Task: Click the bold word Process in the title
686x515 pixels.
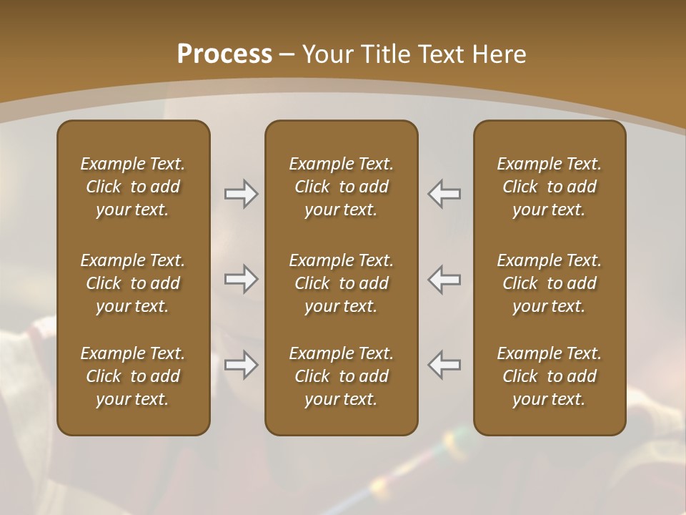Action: coord(224,54)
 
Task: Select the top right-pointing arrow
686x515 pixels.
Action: coord(242,194)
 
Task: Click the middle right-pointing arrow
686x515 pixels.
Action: coord(242,279)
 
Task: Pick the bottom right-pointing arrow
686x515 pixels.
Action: coord(242,365)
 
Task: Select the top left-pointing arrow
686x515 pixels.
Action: coord(444,194)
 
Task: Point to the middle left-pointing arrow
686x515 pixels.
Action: coord(444,279)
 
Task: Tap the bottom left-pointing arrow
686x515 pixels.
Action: coord(444,365)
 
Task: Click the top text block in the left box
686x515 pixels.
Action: coord(133,187)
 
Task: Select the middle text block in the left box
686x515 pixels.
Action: coord(133,283)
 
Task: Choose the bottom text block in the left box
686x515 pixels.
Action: coord(133,376)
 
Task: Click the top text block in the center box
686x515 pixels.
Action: coord(341,187)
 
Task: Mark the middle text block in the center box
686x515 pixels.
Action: coord(341,283)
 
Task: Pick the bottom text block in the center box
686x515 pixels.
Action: coord(341,376)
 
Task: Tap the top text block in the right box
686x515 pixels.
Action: coord(549,187)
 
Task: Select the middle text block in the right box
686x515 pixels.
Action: coord(549,283)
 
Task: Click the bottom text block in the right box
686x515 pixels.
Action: coord(549,376)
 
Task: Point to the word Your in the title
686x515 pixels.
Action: coord(327,54)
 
